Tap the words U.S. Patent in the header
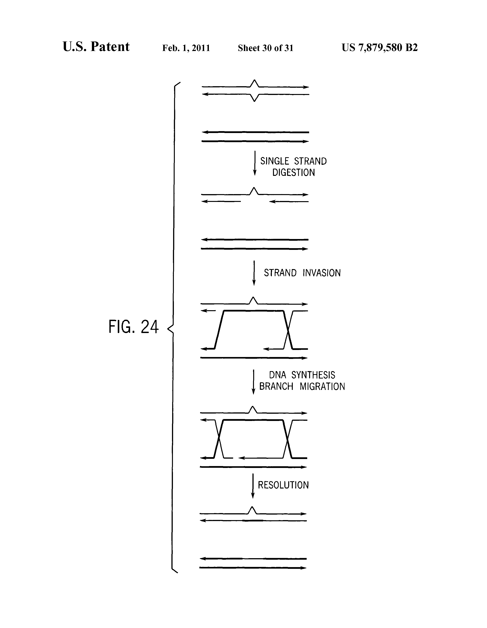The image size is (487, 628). [x=96, y=47]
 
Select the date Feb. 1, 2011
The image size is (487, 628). [x=186, y=48]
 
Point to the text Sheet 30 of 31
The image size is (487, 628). [x=265, y=48]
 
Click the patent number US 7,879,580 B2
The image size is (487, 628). [x=380, y=47]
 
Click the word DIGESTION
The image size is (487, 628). [x=294, y=173]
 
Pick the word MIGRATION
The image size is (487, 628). [x=322, y=387]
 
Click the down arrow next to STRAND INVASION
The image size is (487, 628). [x=254, y=273]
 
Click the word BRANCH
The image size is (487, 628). [x=276, y=387]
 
